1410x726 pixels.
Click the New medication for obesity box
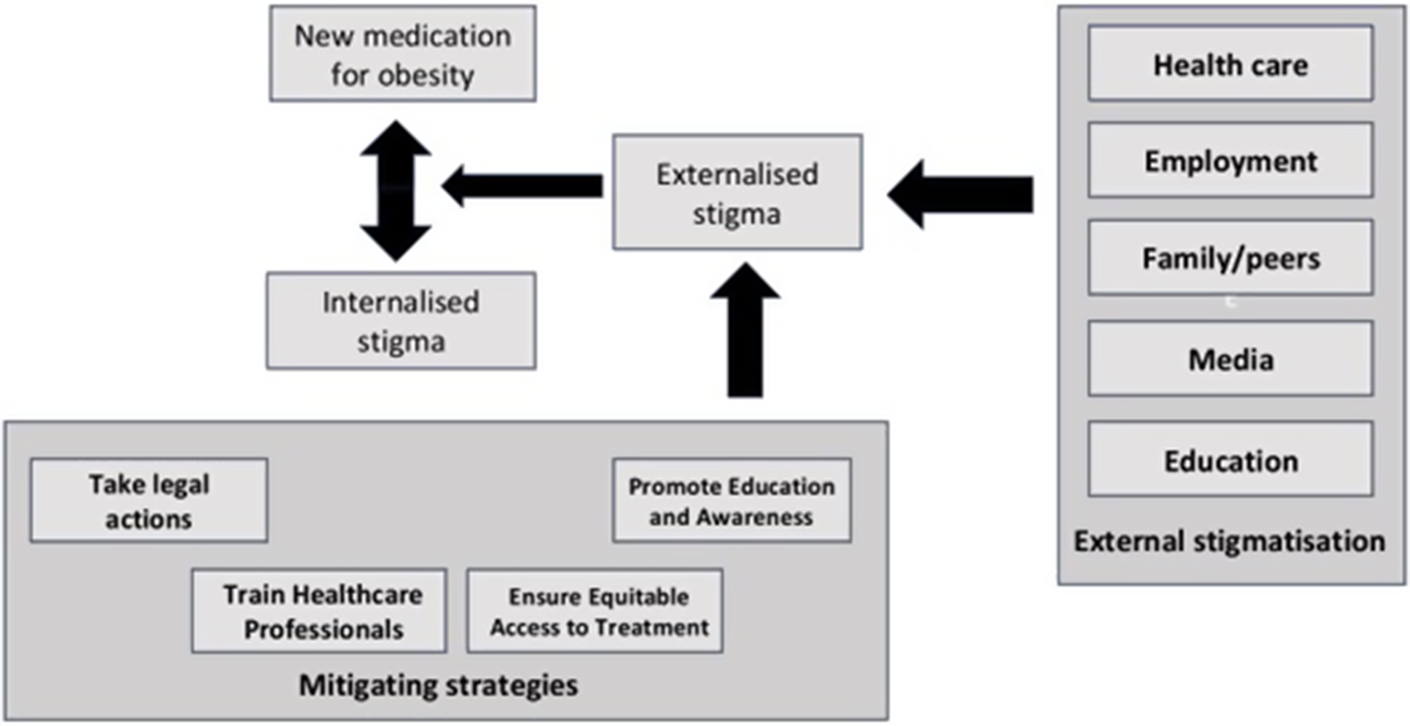pos(402,54)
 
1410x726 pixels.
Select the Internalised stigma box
pos(401,320)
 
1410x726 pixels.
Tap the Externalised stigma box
pos(737,192)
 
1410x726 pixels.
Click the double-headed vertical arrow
pos(396,190)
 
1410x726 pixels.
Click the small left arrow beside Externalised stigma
pos(523,186)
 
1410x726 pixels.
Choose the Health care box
pos(1230,64)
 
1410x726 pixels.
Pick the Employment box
pos(1230,161)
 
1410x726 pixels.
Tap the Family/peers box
pos(1230,258)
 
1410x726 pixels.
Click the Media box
pos(1230,358)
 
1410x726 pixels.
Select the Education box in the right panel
pos(1230,459)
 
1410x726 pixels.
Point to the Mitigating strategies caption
pos(439,685)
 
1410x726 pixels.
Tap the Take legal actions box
pos(149,501)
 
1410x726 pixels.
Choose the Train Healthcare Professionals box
pos(319,611)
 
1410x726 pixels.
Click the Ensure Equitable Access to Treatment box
pos(594,612)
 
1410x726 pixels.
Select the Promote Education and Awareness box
pos(731,501)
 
